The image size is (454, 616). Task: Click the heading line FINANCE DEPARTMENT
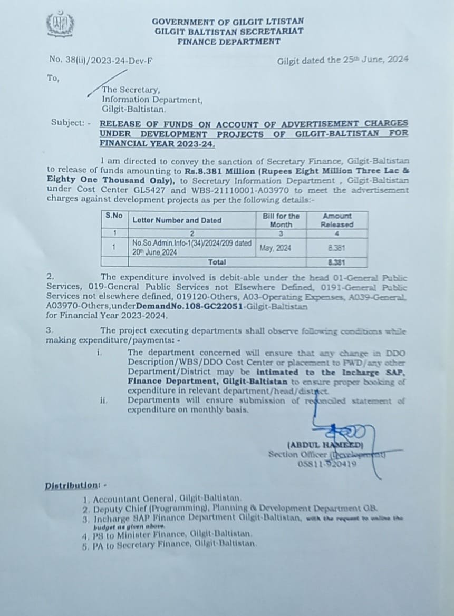(x=228, y=41)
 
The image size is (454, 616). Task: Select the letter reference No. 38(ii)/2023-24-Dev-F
(x=101, y=60)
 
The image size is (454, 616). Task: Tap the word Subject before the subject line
(x=67, y=122)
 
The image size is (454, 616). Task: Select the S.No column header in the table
(x=113, y=216)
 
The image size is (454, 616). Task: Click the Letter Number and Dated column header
(x=177, y=220)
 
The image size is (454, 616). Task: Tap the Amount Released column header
(x=337, y=220)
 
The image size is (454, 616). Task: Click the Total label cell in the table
(x=217, y=262)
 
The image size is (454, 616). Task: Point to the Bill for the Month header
(x=281, y=220)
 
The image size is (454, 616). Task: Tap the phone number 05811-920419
(x=326, y=464)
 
